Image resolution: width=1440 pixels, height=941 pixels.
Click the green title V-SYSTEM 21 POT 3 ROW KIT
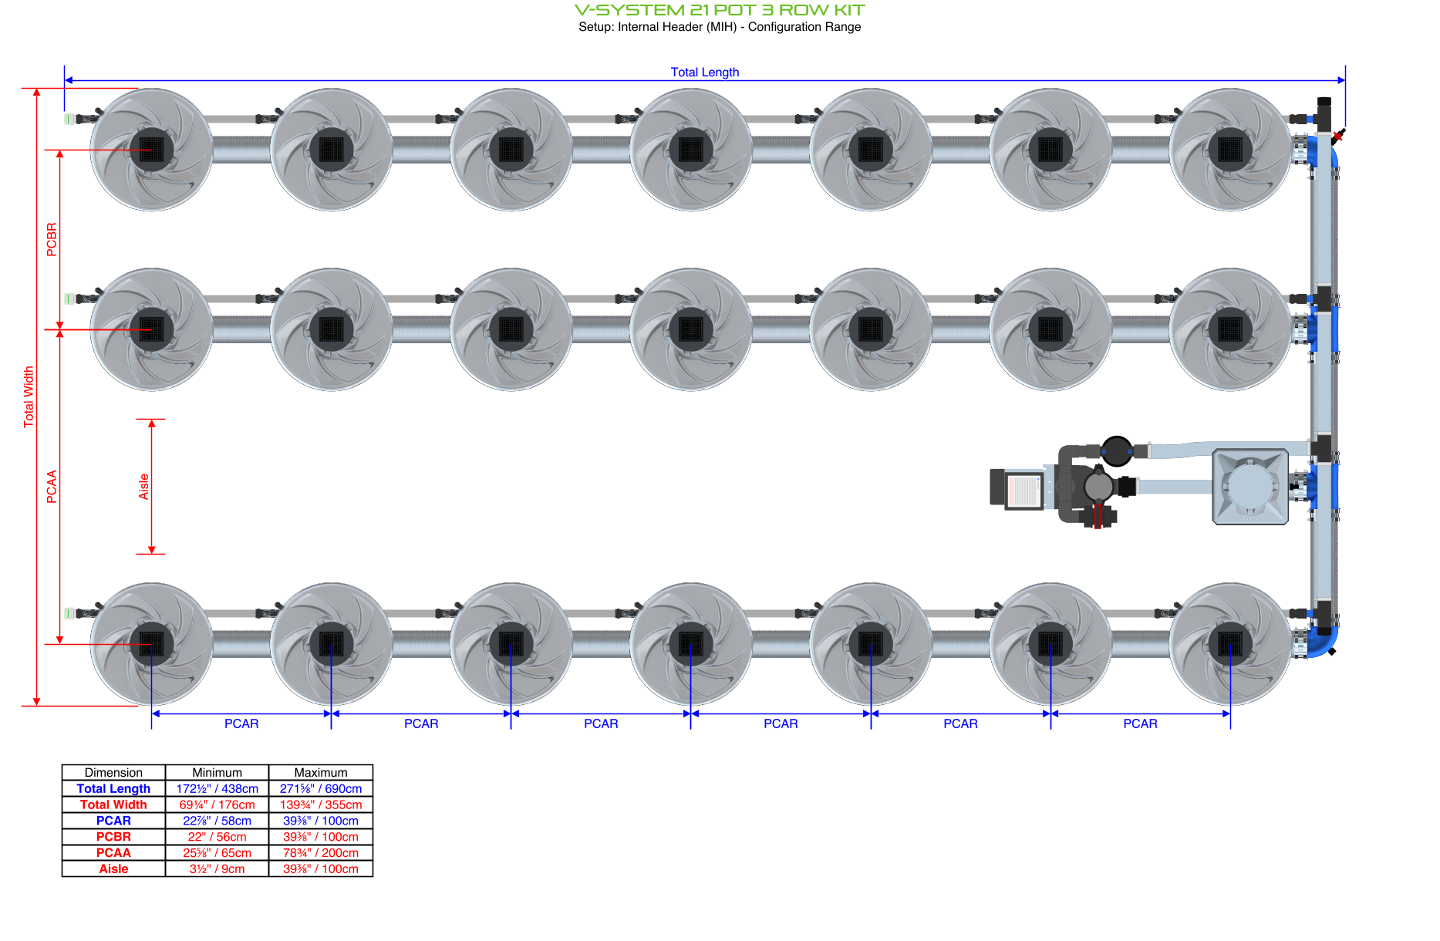(720, 10)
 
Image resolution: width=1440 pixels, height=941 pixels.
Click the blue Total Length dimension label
(704, 72)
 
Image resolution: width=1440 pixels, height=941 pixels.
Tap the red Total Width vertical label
(29, 396)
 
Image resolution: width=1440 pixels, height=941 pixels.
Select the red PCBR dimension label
(52, 239)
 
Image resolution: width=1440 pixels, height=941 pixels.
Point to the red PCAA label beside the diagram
(52, 487)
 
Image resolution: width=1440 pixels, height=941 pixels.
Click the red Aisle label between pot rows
(143, 487)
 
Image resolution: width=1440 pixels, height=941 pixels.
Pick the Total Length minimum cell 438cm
(217, 788)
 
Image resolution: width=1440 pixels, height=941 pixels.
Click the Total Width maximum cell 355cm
(320, 804)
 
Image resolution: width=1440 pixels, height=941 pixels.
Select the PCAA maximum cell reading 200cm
(320, 852)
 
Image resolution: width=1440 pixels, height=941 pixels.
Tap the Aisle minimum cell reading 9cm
(217, 868)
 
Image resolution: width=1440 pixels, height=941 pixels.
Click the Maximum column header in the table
(320, 772)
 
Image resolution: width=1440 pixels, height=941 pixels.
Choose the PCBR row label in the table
(113, 836)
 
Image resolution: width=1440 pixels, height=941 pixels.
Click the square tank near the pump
(1249, 487)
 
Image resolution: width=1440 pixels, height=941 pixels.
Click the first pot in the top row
(151, 150)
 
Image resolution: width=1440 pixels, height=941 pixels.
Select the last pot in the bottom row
(1229, 644)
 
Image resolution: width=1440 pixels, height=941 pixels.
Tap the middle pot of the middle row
(690, 329)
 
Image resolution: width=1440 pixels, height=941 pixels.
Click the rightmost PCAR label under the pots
(1139, 723)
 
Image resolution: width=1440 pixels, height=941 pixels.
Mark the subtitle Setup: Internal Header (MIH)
(719, 27)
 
